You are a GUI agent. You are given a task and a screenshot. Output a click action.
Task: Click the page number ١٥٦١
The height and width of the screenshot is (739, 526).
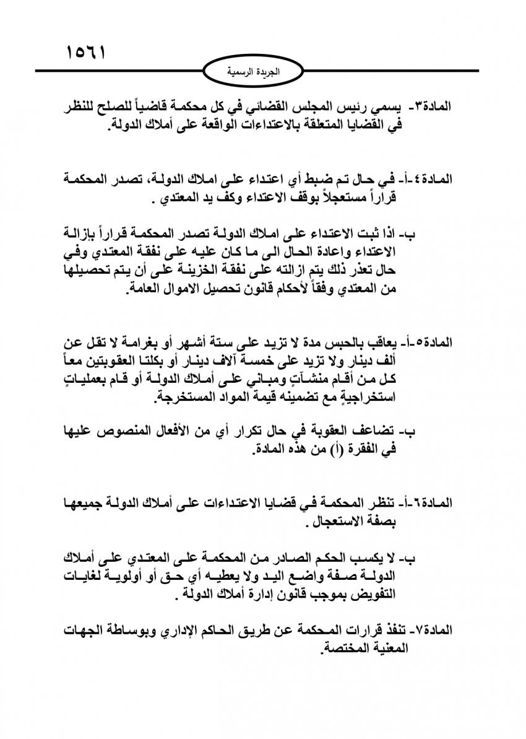[85, 51]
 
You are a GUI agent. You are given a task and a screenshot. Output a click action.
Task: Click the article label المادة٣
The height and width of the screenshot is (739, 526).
[433, 107]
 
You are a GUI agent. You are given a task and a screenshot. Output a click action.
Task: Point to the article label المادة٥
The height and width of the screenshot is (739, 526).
[435, 341]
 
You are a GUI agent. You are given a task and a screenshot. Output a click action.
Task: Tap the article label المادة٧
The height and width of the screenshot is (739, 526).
[435, 631]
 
